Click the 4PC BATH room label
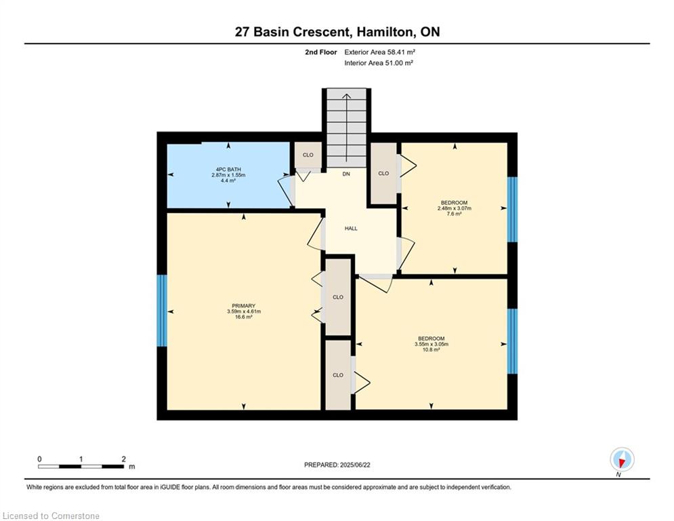(x=228, y=170)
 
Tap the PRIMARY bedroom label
(x=244, y=306)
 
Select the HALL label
(x=351, y=229)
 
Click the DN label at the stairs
(x=346, y=174)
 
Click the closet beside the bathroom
(x=308, y=155)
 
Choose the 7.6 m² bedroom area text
(x=455, y=214)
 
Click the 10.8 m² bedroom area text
(x=431, y=349)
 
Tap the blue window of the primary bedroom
(x=162, y=311)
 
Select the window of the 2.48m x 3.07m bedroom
(x=512, y=209)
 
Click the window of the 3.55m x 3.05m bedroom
(x=512, y=341)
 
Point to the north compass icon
(x=622, y=459)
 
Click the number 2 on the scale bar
(x=124, y=459)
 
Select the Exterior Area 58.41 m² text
(x=379, y=52)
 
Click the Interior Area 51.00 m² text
(x=379, y=63)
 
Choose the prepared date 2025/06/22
(x=355, y=465)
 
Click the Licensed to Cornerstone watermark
(x=51, y=516)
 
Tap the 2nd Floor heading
(x=320, y=52)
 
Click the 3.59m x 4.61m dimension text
(x=244, y=311)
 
